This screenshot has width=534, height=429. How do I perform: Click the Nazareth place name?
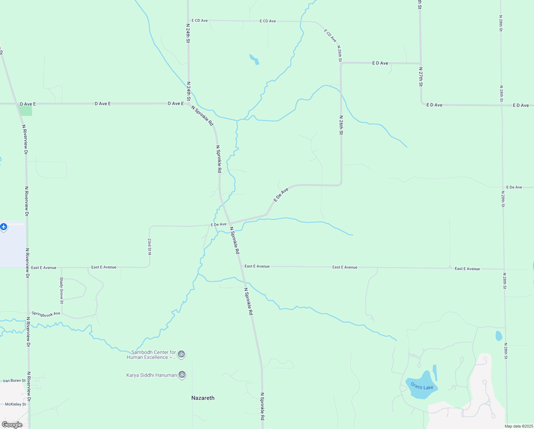click(203, 398)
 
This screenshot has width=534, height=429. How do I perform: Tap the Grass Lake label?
click(422, 386)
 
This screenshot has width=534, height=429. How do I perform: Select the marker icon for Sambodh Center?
click(181, 354)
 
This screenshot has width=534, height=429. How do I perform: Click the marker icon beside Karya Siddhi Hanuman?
click(182, 375)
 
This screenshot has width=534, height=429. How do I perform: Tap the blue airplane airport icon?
click(4, 227)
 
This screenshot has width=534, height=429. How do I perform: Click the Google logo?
click(12, 425)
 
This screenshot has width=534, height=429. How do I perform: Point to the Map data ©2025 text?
click(518, 426)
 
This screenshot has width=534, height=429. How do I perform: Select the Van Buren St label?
click(14, 381)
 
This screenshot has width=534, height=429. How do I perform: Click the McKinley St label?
click(15, 404)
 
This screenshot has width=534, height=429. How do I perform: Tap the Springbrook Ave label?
click(46, 314)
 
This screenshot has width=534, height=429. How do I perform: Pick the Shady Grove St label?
click(62, 290)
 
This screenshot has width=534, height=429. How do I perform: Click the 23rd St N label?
click(150, 247)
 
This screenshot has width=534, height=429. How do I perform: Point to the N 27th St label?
click(421, 77)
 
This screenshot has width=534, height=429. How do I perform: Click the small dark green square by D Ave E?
click(26, 111)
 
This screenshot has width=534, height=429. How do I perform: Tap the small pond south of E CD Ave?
click(254, 59)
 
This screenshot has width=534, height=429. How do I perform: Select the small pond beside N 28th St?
click(499, 336)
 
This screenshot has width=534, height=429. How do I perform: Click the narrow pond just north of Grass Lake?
click(435, 373)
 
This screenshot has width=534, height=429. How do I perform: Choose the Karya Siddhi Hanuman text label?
click(151, 375)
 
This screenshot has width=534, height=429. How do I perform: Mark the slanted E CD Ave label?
click(330, 36)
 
